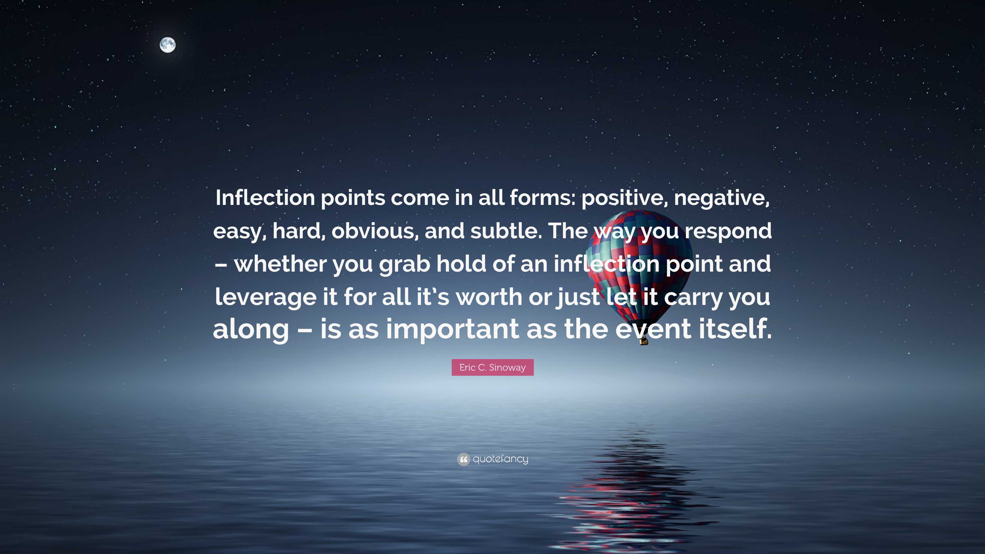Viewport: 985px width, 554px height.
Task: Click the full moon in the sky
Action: [x=168, y=45]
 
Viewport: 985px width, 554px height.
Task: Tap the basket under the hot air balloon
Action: [x=644, y=340]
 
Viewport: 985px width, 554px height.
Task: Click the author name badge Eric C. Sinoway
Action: [x=493, y=368]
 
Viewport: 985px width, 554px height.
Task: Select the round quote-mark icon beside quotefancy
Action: [x=464, y=459]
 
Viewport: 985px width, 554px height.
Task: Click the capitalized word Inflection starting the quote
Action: [x=265, y=198]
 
